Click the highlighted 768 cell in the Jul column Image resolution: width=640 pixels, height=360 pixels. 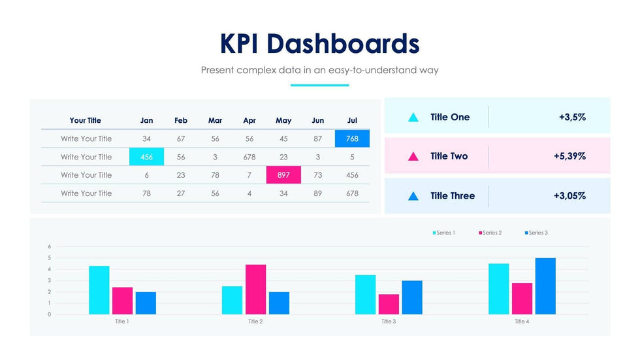pos(352,139)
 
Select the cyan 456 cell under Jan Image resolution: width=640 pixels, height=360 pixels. pos(147,157)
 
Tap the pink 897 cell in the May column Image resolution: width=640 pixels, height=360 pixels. pos(283,175)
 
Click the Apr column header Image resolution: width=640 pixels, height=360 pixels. pos(249,121)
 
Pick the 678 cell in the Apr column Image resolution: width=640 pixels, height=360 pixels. pos(249,157)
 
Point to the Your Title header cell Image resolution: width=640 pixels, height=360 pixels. pos(86,121)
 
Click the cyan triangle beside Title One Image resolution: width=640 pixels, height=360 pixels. pos(413,118)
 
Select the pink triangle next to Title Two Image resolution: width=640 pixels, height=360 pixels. pos(413,157)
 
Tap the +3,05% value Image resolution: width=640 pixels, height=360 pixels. pos(569,196)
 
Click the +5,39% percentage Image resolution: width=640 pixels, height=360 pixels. pos(569,157)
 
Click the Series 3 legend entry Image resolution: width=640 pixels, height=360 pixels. pos(536,233)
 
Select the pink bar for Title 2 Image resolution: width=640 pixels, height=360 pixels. pos(255,289)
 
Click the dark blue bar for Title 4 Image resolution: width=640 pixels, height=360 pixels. pos(545,286)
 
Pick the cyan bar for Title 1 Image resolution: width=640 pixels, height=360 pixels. pos(99,290)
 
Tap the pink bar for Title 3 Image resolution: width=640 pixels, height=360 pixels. pos(389,304)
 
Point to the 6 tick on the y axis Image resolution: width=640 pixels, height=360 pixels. pos(49,246)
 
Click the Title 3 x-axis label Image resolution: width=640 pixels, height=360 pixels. pos(389,321)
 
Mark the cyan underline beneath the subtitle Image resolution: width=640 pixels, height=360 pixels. pos(319,85)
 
